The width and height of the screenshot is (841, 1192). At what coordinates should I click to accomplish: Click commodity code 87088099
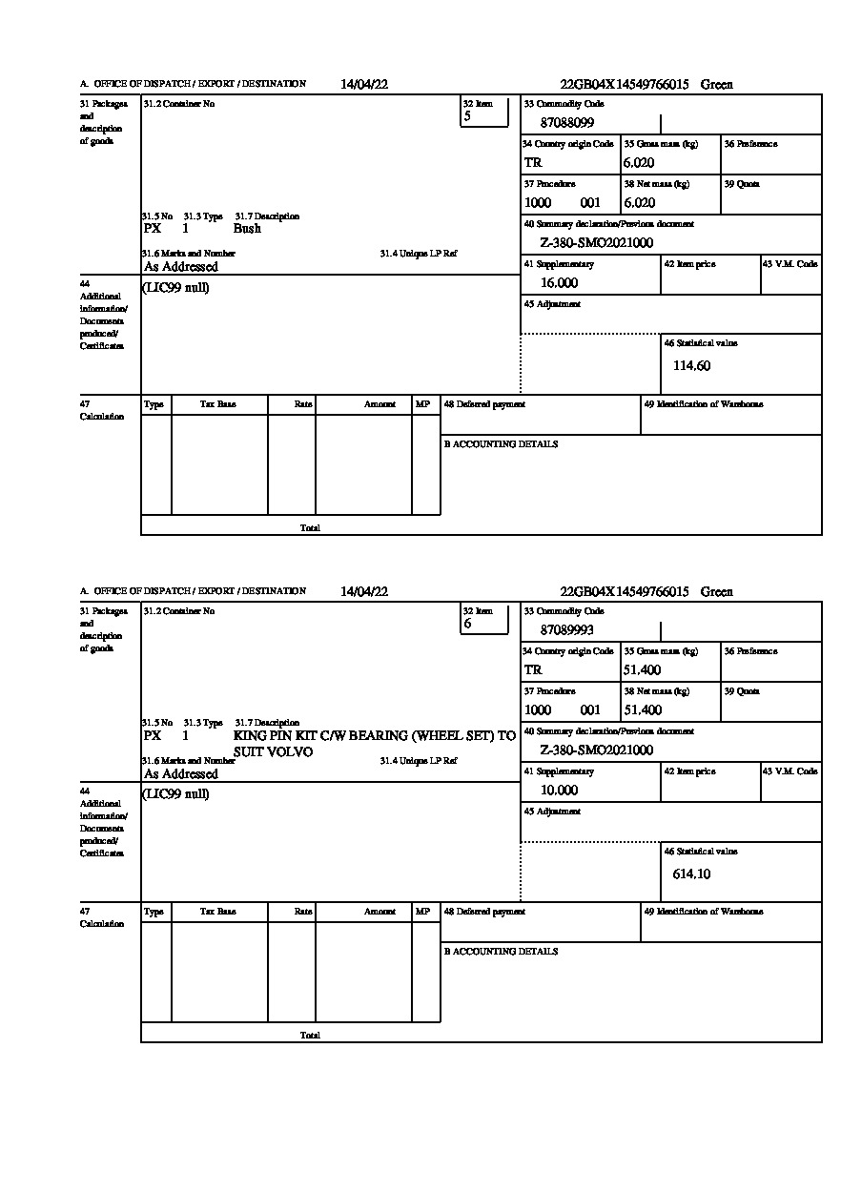click(x=567, y=123)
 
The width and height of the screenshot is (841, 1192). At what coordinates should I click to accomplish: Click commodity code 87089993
click(x=567, y=630)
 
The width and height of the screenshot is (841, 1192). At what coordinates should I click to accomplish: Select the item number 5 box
click(x=484, y=112)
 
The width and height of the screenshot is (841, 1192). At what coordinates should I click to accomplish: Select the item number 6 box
click(x=484, y=619)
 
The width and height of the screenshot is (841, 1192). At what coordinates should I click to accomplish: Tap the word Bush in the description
click(x=247, y=229)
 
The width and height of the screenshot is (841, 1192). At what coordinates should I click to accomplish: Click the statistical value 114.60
click(x=691, y=365)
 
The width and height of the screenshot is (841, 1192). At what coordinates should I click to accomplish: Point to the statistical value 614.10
click(x=691, y=873)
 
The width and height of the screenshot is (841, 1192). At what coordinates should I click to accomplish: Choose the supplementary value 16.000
click(x=559, y=283)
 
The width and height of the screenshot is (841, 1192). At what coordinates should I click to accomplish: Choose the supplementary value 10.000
click(x=559, y=791)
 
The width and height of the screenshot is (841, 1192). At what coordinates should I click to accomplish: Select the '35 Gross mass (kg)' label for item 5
click(x=661, y=144)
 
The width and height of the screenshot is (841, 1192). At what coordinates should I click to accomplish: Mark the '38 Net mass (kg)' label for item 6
click(x=656, y=691)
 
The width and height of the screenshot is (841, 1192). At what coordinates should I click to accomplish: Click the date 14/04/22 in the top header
click(x=364, y=84)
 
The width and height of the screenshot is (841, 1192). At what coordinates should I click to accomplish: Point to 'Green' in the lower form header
click(x=717, y=592)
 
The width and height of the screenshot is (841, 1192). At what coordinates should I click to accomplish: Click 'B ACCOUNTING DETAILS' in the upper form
click(x=501, y=444)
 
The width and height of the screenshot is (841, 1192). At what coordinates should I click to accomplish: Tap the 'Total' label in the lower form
click(x=310, y=1036)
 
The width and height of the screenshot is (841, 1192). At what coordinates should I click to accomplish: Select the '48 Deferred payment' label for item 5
click(x=484, y=404)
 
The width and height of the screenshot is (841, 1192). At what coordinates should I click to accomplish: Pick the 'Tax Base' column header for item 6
click(x=218, y=912)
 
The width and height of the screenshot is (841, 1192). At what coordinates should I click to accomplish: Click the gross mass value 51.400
click(x=642, y=670)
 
